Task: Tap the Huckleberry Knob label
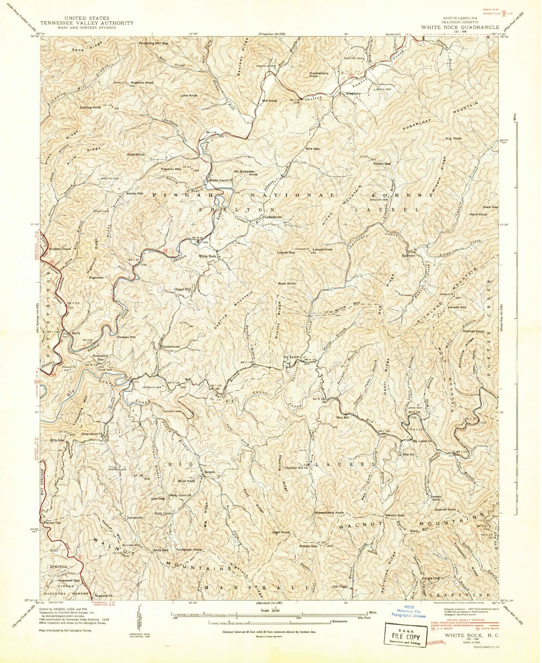coord(319,74)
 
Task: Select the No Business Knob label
coord(246,173)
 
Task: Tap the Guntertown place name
coord(171,346)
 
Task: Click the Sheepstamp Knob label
coord(329,513)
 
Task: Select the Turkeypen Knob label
coord(189,550)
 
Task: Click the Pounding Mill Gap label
coord(154,43)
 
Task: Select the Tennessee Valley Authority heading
coord(87,23)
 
